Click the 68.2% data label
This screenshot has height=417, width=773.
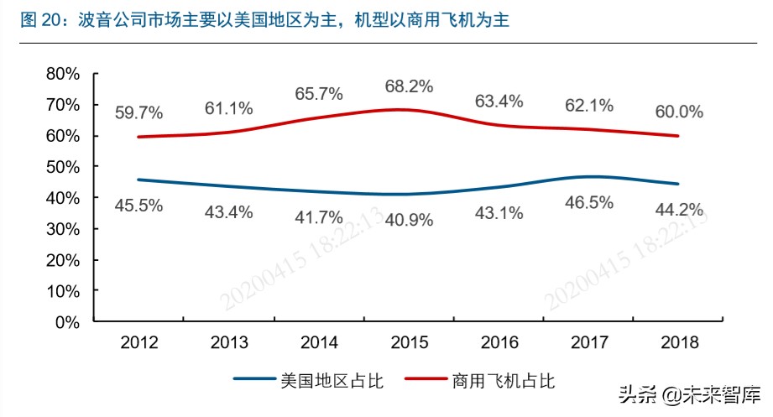click(x=409, y=86)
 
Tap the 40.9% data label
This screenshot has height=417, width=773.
click(x=409, y=220)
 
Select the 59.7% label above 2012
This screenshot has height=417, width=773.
click(x=138, y=112)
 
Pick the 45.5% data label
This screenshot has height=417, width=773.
click(x=138, y=206)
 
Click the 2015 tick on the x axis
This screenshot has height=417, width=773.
click(x=409, y=342)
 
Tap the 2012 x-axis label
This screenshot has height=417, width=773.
click(x=138, y=342)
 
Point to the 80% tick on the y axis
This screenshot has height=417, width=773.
click(x=62, y=74)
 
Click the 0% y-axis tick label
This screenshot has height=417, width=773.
click(x=69, y=321)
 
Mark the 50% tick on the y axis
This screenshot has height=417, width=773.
click(x=62, y=166)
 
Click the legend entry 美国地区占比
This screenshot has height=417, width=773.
click(x=331, y=381)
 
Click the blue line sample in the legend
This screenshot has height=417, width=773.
click(x=254, y=381)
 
